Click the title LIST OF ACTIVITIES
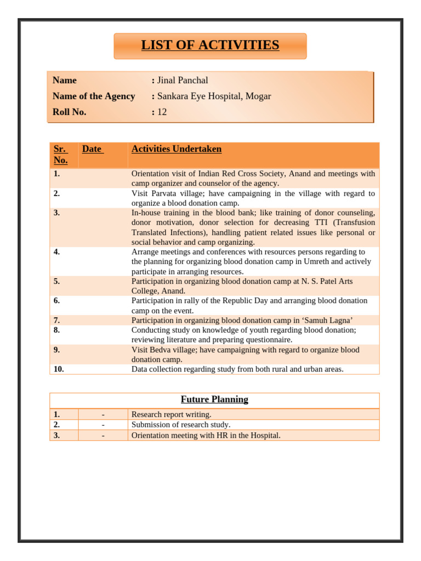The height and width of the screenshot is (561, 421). [x=210, y=45]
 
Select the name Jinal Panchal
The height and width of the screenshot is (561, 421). [x=183, y=81]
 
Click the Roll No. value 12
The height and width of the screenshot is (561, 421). [x=162, y=112]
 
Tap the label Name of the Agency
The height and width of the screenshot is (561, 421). [x=94, y=96]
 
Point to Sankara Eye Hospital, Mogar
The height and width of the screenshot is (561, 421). [x=214, y=96]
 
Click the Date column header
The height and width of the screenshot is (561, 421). [x=92, y=149]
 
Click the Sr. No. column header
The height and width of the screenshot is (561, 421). [x=60, y=154]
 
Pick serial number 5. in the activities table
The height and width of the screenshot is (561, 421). [x=57, y=282]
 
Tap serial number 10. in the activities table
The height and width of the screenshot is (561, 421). [x=59, y=369]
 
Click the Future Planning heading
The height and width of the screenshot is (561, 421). [x=214, y=399]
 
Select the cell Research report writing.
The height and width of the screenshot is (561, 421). [x=171, y=415]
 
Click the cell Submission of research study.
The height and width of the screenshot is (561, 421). [x=181, y=425]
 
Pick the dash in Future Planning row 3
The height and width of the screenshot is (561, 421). [x=103, y=436]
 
